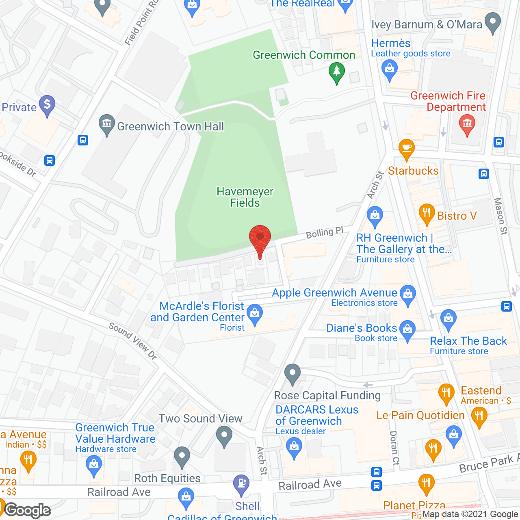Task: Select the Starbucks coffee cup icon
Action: (x=406, y=149)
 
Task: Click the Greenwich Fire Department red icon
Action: (x=467, y=123)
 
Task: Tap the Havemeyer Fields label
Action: (x=245, y=197)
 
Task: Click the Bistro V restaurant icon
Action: (x=427, y=214)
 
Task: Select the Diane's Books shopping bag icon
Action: (x=407, y=329)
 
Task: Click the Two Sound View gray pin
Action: (x=224, y=435)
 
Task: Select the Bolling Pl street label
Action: (x=325, y=233)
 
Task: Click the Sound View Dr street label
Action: (x=133, y=341)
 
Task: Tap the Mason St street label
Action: (x=500, y=216)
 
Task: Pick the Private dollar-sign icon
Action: (x=47, y=105)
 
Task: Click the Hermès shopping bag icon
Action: (x=390, y=69)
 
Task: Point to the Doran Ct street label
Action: (x=394, y=448)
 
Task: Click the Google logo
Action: (x=28, y=510)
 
